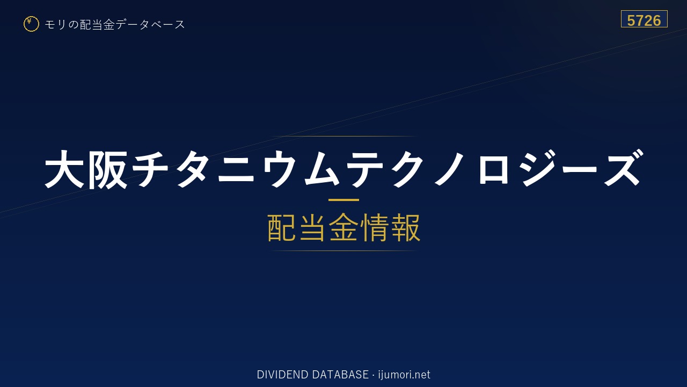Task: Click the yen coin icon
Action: click(x=31, y=24)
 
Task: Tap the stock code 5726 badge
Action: click(x=644, y=19)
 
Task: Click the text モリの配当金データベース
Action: click(x=115, y=24)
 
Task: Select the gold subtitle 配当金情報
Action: click(x=344, y=227)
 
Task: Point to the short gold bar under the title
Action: click(x=343, y=200)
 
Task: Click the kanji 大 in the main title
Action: click(x=64, y=169)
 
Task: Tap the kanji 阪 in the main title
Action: click(x=108, y=169)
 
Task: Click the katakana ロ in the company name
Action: click(x=493, y=170)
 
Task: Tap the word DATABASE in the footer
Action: click(x=340, y=375)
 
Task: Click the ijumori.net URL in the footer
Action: click(x=404, y=375)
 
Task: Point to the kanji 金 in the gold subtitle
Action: click(x=343, y=227)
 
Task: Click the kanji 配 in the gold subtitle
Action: click(x=282, y=227)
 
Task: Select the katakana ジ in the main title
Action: click(x=537, y=168)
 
